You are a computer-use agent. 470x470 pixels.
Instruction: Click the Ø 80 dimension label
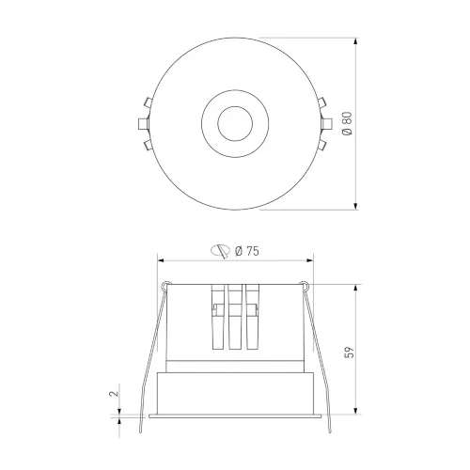348,123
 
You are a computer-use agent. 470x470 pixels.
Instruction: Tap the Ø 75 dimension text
247,251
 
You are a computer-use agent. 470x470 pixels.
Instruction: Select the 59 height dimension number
349,352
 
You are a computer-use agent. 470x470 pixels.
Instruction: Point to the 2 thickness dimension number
115,393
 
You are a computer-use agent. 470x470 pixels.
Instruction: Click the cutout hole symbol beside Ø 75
220,251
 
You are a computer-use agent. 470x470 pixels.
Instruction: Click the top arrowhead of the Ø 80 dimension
355,41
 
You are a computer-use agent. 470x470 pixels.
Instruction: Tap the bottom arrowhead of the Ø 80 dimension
355,206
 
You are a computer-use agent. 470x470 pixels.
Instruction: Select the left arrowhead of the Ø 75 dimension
161,260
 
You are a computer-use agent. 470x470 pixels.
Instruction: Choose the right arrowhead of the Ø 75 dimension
309,260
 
